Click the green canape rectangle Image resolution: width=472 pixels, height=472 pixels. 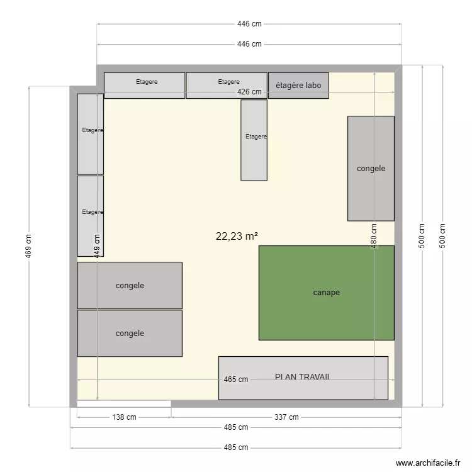pos(326,293)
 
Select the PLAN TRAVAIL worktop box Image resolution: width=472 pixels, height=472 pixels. pos(303,378)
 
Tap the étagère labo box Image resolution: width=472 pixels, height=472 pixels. pos(298,86)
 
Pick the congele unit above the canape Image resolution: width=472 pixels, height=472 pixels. pos(371,169)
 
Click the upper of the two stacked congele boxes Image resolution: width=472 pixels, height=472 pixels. pos(130,285)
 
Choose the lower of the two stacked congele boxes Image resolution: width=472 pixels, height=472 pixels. pos(130,333)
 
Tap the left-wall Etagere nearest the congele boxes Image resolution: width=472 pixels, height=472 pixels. pos(91,216)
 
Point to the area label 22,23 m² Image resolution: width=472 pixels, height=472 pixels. pos(237,236)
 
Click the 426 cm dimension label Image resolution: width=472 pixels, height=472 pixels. pos(249,92)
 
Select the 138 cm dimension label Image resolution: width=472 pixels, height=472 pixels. pos(124,417)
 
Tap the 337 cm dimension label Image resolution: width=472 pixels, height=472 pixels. pos(286,417)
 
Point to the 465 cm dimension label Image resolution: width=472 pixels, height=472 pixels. pos(236,379)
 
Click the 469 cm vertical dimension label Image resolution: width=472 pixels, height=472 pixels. pos(29,246)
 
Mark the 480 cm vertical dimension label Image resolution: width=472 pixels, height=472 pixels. pos(374,236)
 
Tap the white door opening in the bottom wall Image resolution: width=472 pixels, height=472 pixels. pos(124,403)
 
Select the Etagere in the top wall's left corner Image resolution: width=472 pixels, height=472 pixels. pos(145,86)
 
